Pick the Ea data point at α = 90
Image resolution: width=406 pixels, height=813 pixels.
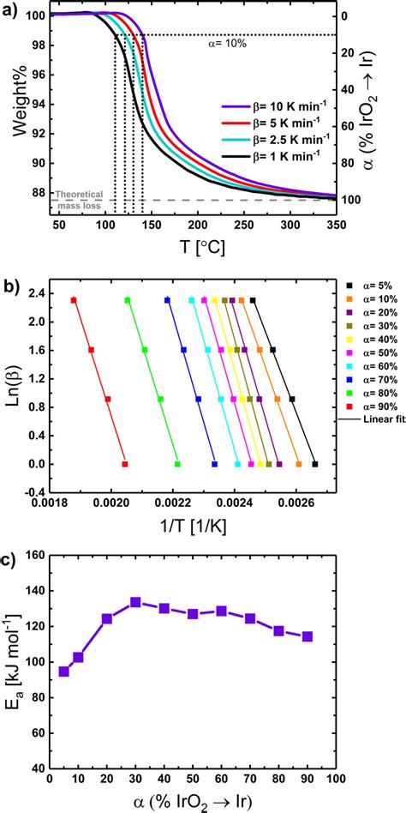[307, 636]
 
